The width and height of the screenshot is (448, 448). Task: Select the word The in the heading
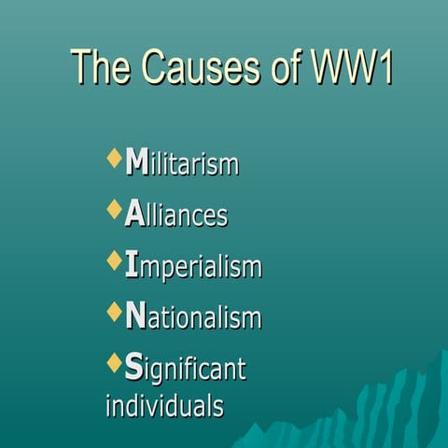click(x=101, y=68)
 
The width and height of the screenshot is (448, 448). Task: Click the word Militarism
click(x=182, y=164)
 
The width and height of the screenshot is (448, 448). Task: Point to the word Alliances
click(x=176, y=216)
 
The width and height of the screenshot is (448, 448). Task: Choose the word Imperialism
click(x=193, y=268)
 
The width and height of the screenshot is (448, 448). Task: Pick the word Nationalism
click(x=193, y=318)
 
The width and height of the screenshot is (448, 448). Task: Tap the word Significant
click(x=185, y=370)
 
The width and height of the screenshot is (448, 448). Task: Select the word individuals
click(x=164, y=406)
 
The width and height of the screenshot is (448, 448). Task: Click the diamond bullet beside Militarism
click(x=114, y=158)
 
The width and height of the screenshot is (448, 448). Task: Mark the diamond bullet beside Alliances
click(x=114, y=209)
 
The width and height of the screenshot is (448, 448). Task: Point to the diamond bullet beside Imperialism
click(x=114, y=260)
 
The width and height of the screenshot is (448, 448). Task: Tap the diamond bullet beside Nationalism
click(x=114, y=311)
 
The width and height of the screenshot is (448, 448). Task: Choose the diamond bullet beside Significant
click(x=114, y=362)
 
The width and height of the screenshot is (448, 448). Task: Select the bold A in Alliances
click(x=133, y=215)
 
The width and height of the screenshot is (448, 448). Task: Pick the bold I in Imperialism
click(x=132, y=266)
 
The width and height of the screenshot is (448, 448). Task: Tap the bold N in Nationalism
click(x=135, y=317)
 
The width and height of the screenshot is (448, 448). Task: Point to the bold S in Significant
click(x=133, y=369)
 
